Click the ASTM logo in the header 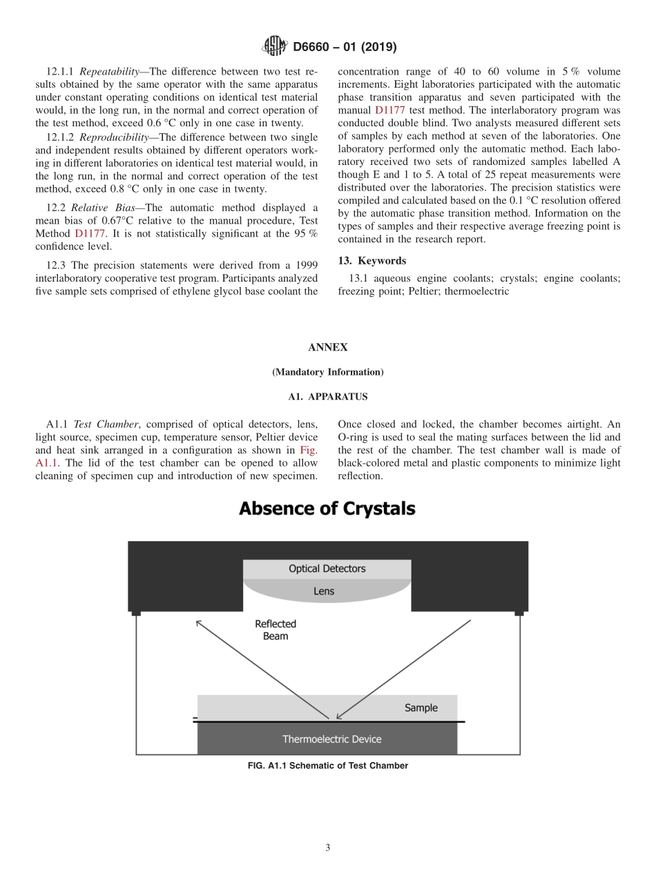tap(274, 47)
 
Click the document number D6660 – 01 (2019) tap(345, 48)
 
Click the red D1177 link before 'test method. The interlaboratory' tap(389, 110)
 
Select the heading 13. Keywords tap(372, 261)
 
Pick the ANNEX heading tap(327, 348)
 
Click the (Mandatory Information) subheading tap(327, 372)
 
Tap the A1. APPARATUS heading tap(327, 397)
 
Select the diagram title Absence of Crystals tap(327, 509)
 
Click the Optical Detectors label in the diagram tap(327, 569)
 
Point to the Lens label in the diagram tap(324, 591)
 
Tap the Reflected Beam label tap(276, 630)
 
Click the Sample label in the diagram tap(421, 708)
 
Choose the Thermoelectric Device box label tap(331, 739)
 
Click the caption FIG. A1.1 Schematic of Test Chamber tap(327, 765)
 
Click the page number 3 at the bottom tap(327, 848)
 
